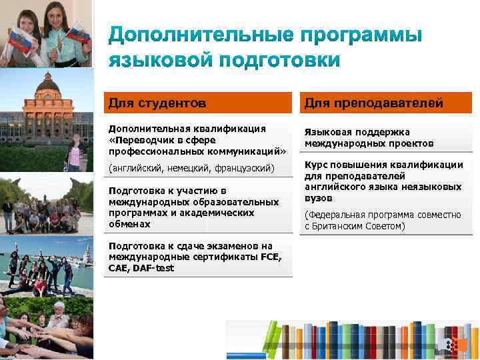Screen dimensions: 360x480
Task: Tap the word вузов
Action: pos(319,198)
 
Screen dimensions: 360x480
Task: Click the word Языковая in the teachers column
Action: pos(327,132)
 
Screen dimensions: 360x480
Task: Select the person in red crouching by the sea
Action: pos(39,286)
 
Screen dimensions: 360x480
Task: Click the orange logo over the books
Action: pos(453,344)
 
